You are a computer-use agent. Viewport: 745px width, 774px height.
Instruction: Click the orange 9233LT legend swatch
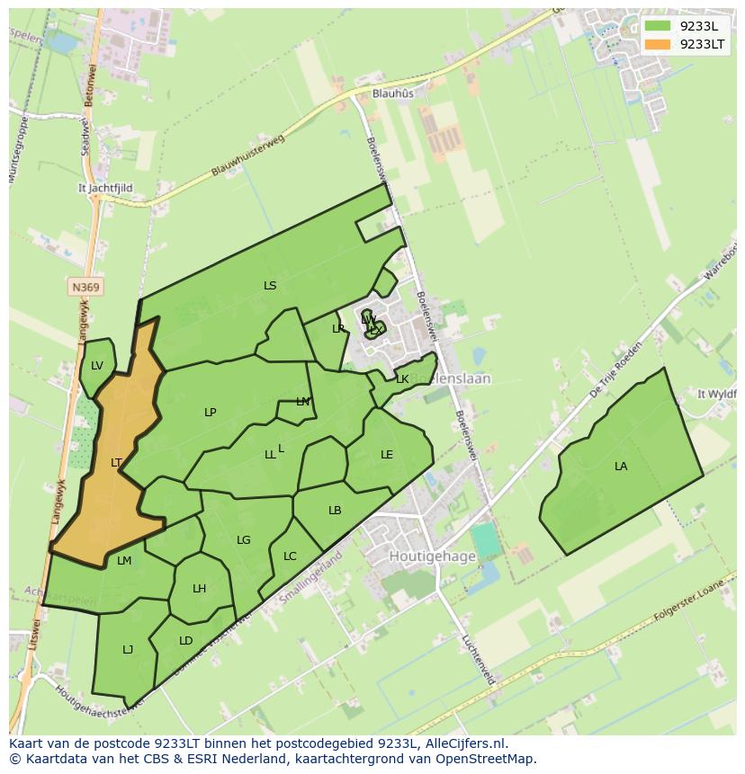pyautogui.click(x=658, y=44)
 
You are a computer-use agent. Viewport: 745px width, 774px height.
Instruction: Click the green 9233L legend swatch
pyautogui.click(x=658, y=25)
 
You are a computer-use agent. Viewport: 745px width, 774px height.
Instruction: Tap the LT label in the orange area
pyautogui.click(x=116, y=463)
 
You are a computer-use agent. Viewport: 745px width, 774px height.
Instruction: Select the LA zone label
pyautogui.click(x=621, y=466)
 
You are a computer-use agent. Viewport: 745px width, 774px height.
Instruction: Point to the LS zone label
pyautogui.click(x=270, y=286)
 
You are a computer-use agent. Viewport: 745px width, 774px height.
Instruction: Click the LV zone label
pyautogui.click(x=97, y=365)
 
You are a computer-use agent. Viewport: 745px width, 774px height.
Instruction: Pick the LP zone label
pyautogui.click(x=210, y=413)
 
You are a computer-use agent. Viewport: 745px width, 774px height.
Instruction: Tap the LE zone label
pyautogui.click(x=387, y=455)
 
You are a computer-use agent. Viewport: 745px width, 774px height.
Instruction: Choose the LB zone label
pyautogui.click(x=335, y=511)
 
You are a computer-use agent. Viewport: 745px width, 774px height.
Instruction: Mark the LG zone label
pyautogui.click(x=243, y=540)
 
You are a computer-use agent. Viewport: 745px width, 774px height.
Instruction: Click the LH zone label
pyautogui.click(x=199, y=589)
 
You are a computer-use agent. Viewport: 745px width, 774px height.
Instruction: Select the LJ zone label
pyautogui.click(x=128, y=649)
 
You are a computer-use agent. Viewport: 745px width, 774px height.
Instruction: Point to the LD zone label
pyautogui.click(x=185, y=641)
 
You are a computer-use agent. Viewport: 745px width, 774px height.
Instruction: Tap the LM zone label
pyautogui.click(x=124, y=561)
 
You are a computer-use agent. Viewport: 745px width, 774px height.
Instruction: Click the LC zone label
pyautogui.click(x=290, y=556)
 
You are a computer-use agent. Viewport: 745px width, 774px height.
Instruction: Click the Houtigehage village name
pyautogui.click(x=432, y=556)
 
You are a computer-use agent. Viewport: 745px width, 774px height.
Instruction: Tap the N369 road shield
pyautogui.click(x=85, y=287)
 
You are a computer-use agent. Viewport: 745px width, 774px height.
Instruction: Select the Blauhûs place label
pyautogui.click(x=393, y=93)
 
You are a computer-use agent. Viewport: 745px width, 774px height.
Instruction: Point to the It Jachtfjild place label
pyautogui.click(x=105, y=189)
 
